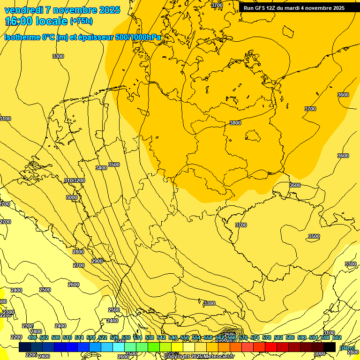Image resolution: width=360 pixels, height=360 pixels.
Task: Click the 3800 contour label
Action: coord(235,123)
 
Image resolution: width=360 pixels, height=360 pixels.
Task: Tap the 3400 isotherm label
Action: coord(101,168)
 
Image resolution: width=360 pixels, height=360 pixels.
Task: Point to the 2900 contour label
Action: coord(97,261)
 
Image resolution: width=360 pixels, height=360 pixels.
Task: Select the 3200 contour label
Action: coord(79,180)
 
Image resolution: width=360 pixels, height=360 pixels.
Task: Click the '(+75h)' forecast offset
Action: coord(81,21)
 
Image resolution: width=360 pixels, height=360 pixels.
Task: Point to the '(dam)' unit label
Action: coord(347,348)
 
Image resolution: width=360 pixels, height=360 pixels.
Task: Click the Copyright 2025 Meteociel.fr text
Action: coord(199,357)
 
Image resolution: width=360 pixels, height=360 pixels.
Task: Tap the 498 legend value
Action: coord(32,337)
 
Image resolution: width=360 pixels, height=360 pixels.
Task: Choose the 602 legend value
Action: coord(337,337)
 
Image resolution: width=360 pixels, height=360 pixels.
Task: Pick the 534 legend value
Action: coord(138,337)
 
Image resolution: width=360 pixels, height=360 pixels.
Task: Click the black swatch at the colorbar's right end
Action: coord(330,347)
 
